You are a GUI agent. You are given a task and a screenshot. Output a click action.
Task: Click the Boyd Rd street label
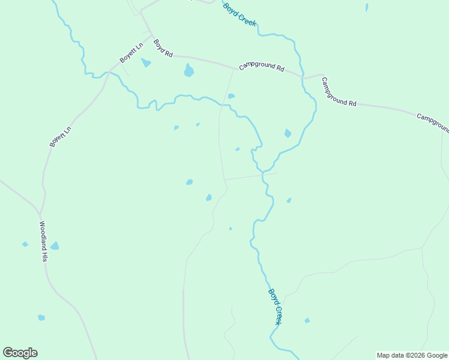pos(163,48)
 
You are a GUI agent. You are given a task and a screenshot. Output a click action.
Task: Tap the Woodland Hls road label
pos(43,241)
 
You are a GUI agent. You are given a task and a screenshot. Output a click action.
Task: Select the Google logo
pos(20,353)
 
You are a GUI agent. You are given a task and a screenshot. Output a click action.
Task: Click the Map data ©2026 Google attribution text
pos(412,355)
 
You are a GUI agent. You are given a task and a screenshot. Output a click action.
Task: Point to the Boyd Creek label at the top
pos(240,14)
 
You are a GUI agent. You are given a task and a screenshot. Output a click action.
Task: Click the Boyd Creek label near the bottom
pos(275,307)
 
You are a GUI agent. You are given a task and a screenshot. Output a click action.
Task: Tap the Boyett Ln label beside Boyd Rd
pos(131,53)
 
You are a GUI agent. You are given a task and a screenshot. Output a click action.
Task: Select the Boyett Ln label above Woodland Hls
pos(61,136)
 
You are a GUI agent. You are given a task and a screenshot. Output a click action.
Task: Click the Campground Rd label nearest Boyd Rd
pos(261,67)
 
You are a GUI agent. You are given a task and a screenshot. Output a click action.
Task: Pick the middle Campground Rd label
pos(339,92)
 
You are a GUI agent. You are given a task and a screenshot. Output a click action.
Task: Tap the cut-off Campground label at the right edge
pos(433,122)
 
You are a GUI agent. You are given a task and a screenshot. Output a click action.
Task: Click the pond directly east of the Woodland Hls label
pos(55,246)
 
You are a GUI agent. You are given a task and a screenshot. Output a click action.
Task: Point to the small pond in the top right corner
pos(367,8)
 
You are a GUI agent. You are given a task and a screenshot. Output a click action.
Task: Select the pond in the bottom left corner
pos(41,317)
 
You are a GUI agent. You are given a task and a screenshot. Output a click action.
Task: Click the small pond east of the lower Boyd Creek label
pos(307,320)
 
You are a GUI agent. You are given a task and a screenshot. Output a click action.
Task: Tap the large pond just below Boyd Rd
pos(188,71)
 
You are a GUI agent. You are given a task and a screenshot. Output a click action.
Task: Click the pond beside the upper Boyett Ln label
pos(145,62)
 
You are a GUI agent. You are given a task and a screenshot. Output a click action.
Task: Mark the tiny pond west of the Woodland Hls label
pos(25,244)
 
